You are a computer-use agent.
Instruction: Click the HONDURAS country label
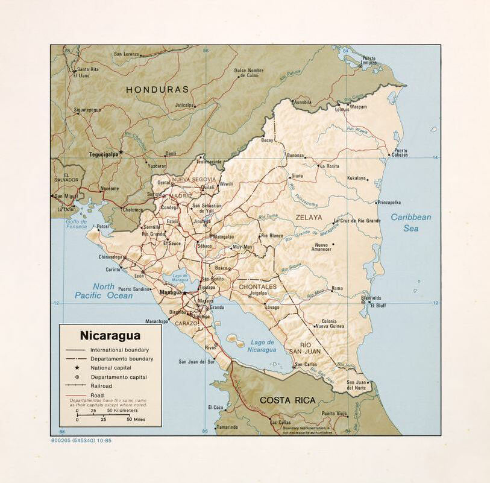pyautogui.click(x=157, y=89)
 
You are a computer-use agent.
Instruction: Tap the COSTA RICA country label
pyautogui.click(x=287, y=400)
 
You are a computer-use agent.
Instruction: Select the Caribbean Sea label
pyautogui.click(x=410, y=223)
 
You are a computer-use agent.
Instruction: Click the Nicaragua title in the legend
pyautogui.click(x=110, y=336)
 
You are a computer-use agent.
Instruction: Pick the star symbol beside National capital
pyautogui.click(x=77, y=368)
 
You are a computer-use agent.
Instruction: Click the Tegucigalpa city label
pyautogui.click(x=104, y=154)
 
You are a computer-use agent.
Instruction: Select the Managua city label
pyautogui.click(x=171, y=292)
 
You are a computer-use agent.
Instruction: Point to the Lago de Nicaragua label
pyautogui.click(x=262, y=346)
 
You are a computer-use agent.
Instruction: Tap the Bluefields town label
pyautogui.click(x=371, y=298)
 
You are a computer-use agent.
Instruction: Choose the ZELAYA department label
pyautogui.click(x=309, y=217)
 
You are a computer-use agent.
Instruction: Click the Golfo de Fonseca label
pyautogui.click(x=76, y=224)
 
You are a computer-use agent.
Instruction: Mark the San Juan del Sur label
pyautogui.click(x=196, y=362)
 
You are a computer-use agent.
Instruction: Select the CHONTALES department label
pyautogui.click(x=257, y=287)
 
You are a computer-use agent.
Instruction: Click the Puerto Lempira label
pyautogui.click(x=369, y=60)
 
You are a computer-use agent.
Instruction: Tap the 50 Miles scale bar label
pyautogui.click(x=136, y=419)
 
